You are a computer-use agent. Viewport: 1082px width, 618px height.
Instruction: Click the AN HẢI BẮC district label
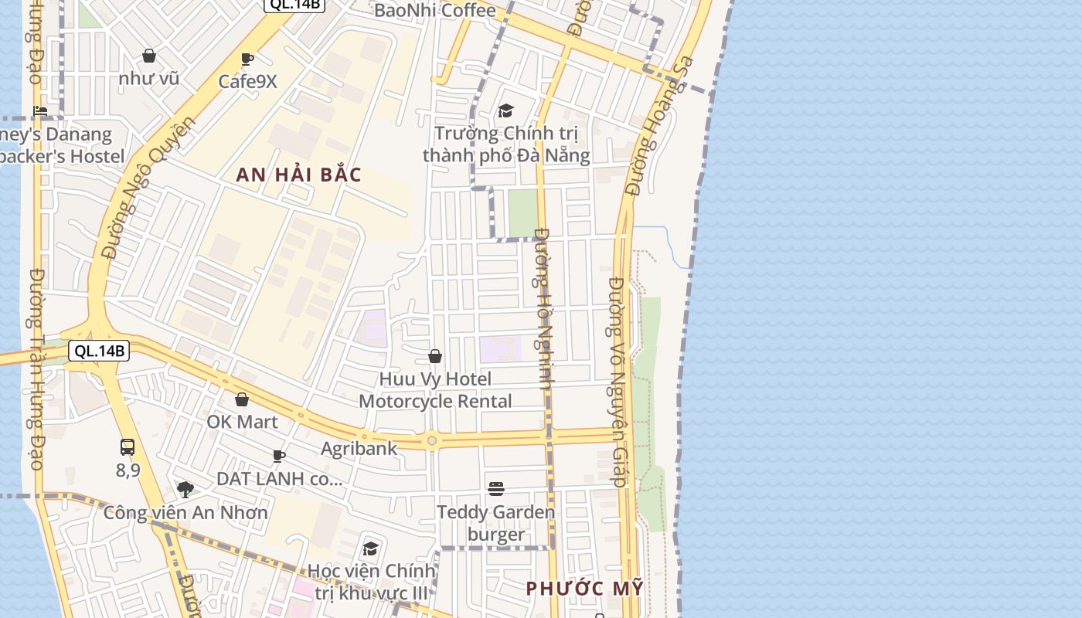click(x=298, y=175)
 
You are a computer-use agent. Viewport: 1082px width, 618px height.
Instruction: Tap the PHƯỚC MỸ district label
click(x=584, y=588)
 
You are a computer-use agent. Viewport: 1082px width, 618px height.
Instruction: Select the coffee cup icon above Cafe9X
click(x=247, y=59)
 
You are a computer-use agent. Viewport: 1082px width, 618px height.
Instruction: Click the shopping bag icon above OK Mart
click(x=242, y=399)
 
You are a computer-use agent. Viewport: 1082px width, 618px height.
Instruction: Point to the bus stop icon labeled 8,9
click(x=128, y=447)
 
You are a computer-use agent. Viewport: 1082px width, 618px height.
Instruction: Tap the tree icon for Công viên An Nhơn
click(x=185, y=489)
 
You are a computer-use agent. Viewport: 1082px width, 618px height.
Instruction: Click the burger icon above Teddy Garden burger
click(x=496, y=489)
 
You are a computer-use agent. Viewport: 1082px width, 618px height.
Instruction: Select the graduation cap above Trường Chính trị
click(x=505, y=111)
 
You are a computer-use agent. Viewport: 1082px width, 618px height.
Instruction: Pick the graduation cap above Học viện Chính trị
click(x=371, y=549)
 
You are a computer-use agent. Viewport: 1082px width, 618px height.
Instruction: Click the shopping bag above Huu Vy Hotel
click(x=435, y=356)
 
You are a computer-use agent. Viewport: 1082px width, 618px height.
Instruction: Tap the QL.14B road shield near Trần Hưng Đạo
click(x=100, y=351)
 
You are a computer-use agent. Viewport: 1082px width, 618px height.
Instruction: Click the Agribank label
click(x=359, y=448)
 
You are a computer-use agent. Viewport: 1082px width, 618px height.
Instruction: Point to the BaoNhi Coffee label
click(x=434, y=11)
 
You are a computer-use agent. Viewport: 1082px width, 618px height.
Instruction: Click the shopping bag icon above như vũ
click(x=149, y=56)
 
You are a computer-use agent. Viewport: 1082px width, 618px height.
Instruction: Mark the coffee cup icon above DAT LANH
click(x=279, y=457)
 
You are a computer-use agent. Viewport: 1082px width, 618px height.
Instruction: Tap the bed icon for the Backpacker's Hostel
click(x=40, y=112)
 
